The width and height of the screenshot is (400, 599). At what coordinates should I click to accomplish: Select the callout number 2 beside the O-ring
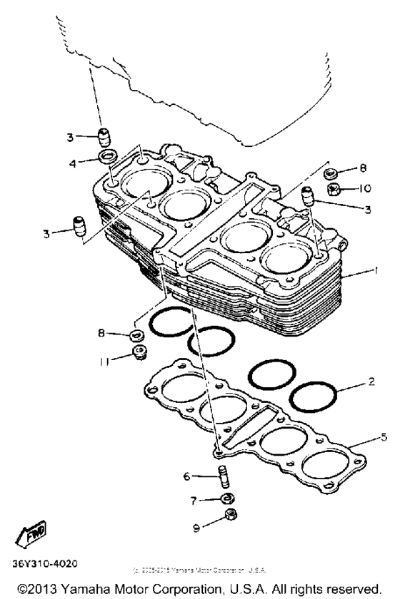(x=371, y=384)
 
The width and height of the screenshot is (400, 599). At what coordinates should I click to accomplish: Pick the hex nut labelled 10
(x=333, y=189)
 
